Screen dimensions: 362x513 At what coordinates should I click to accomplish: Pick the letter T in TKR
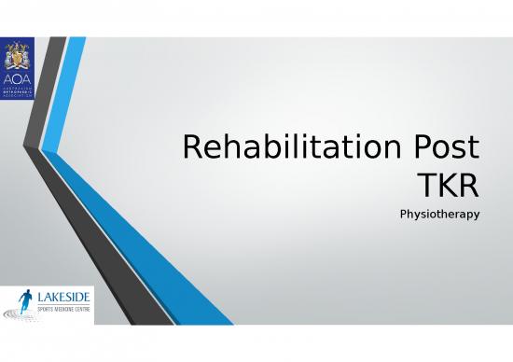click(426, 187)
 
